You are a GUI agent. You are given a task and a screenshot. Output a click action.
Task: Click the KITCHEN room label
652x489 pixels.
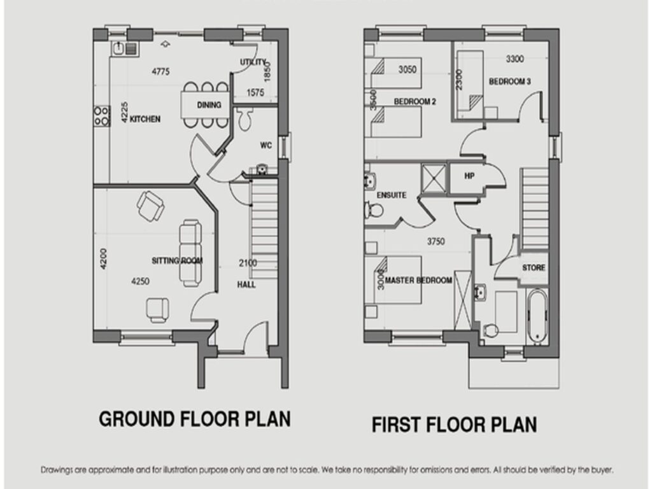[x=145, y=119]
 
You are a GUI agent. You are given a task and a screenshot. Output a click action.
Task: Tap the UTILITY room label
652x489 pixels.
[x=253, y=62]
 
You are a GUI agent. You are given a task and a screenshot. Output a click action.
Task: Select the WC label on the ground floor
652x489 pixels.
[x=266, y=145]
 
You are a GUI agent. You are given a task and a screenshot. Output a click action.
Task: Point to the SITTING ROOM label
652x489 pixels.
[x=177, y=260]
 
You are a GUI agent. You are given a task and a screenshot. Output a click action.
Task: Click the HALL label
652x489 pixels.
[x=246, y=285]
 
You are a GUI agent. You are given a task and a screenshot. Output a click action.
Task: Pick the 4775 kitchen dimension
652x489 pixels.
[x=160, y=71]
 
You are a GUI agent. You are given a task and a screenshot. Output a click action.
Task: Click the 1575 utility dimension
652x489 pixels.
[x=255, y=92]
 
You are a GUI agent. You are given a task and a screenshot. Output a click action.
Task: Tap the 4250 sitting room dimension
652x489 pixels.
[x=140, y=281]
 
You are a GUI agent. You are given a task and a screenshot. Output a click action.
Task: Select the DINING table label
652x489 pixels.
[x=209, y=105]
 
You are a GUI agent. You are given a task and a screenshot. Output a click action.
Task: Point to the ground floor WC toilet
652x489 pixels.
[x=245, y=120]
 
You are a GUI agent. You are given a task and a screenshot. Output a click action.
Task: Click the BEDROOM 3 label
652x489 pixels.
[x=510, y=81]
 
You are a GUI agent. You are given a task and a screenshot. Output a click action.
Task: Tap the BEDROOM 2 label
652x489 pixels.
[x=415, y=101]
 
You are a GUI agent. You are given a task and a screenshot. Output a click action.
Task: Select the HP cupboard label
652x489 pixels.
[x=469, y=176]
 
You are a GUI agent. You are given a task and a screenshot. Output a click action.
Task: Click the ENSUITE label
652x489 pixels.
[x=392, y=195]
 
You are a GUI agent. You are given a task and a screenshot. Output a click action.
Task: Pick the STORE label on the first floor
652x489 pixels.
[x=534, y=268]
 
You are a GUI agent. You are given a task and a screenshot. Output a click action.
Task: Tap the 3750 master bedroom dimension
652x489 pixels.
[x=436, y=241]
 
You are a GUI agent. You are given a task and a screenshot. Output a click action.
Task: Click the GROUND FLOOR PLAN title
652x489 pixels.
[x=195, y=419]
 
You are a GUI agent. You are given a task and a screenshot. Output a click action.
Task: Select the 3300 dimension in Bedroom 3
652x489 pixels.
[x=514, y=59]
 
